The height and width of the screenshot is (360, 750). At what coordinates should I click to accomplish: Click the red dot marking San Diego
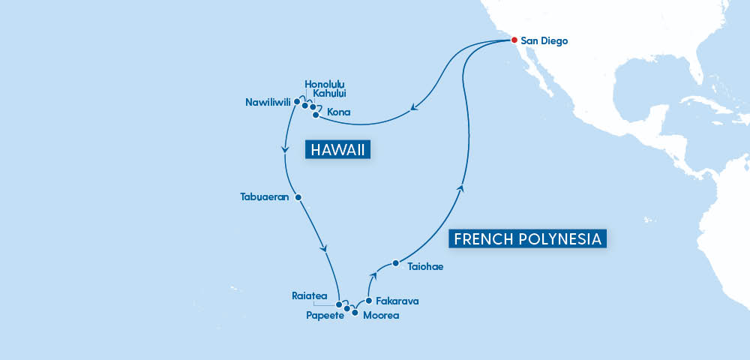tap(514, 40)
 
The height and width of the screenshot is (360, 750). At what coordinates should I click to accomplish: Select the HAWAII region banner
tap(339, 150)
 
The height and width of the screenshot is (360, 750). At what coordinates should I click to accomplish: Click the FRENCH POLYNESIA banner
tap(527, 239)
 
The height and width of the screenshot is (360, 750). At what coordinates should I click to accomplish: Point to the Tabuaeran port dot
tap(298, 197)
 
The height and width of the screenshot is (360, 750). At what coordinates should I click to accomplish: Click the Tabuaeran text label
tap(265, 197)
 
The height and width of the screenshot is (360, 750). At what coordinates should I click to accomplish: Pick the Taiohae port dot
tap(395, 263)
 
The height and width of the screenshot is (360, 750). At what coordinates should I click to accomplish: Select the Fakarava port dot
tap(368, 301)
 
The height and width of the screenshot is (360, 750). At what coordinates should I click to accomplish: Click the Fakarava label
tap(397, 301)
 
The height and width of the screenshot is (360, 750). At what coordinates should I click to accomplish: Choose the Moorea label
tap(381, 316)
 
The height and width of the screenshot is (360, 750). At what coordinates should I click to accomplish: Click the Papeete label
tap(324, 316)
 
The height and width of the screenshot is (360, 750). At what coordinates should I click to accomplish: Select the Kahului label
tap(333, 94)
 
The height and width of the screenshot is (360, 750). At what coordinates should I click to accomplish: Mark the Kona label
tap(338, 112)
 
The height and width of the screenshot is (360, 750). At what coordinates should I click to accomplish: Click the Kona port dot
tap(315, 115)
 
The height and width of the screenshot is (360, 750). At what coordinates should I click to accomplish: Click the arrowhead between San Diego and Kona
tap(412, 112)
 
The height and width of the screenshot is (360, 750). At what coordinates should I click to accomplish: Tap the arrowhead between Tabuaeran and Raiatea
tap(324, 247)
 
